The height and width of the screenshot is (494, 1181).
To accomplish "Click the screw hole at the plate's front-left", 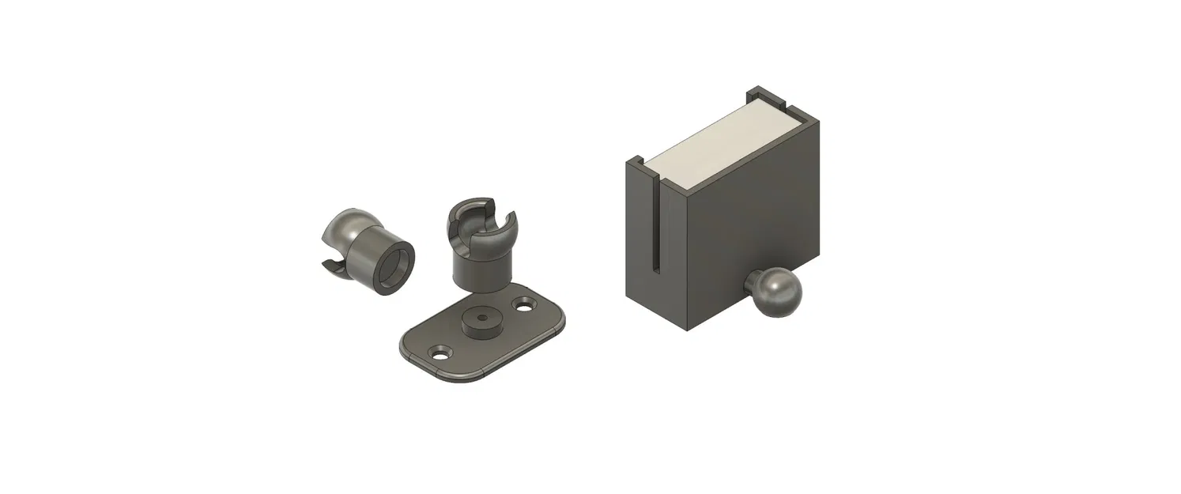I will (437, 350).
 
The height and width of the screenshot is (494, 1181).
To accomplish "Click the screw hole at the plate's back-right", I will (523, 303).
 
